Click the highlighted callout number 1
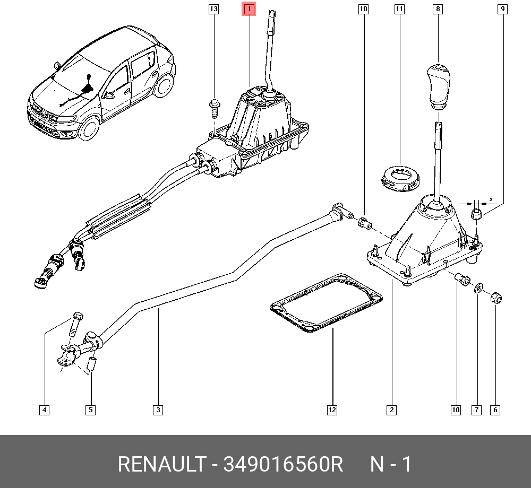click(249, 9)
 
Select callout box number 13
click(213, 9)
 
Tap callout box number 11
click(399, 9)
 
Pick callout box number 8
click(438, 9)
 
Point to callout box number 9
click(502, 9)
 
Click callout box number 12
click(332, 409)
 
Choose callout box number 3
click(158, 409)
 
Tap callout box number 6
click(495, 409)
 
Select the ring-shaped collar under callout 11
click(401, 179)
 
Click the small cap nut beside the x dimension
click(477, 215)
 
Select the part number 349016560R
click(284, 465)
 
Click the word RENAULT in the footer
click(161, 465)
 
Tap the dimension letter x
click(491, 199)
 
